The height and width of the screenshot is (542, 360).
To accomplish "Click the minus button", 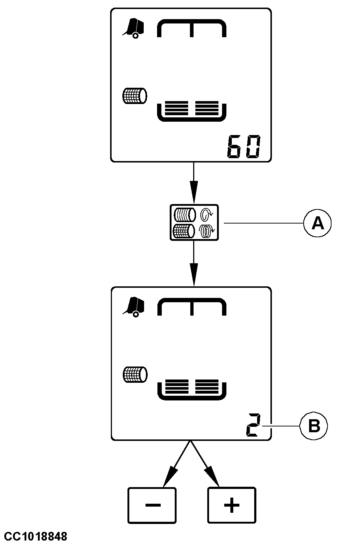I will [x=152, y=505].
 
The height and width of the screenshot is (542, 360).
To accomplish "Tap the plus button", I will [x=232, y=505].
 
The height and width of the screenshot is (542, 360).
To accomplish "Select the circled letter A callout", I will [x=317, y=224].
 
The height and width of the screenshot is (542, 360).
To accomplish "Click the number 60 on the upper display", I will [x=243, y=147].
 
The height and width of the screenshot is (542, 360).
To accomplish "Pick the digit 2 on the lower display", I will [x=252, y=426].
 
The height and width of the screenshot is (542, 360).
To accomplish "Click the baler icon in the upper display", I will [x=134, y=28].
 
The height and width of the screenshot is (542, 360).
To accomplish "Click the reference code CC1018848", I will [x=34, y=536].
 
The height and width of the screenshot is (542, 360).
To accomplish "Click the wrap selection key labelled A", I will [x=194, y=222].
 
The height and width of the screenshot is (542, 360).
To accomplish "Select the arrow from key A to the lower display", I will [x=194, y=264].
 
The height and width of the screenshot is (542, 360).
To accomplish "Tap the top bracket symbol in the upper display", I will [x=191, y=28].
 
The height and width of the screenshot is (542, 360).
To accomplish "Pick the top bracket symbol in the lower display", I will [x=191, y=307].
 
